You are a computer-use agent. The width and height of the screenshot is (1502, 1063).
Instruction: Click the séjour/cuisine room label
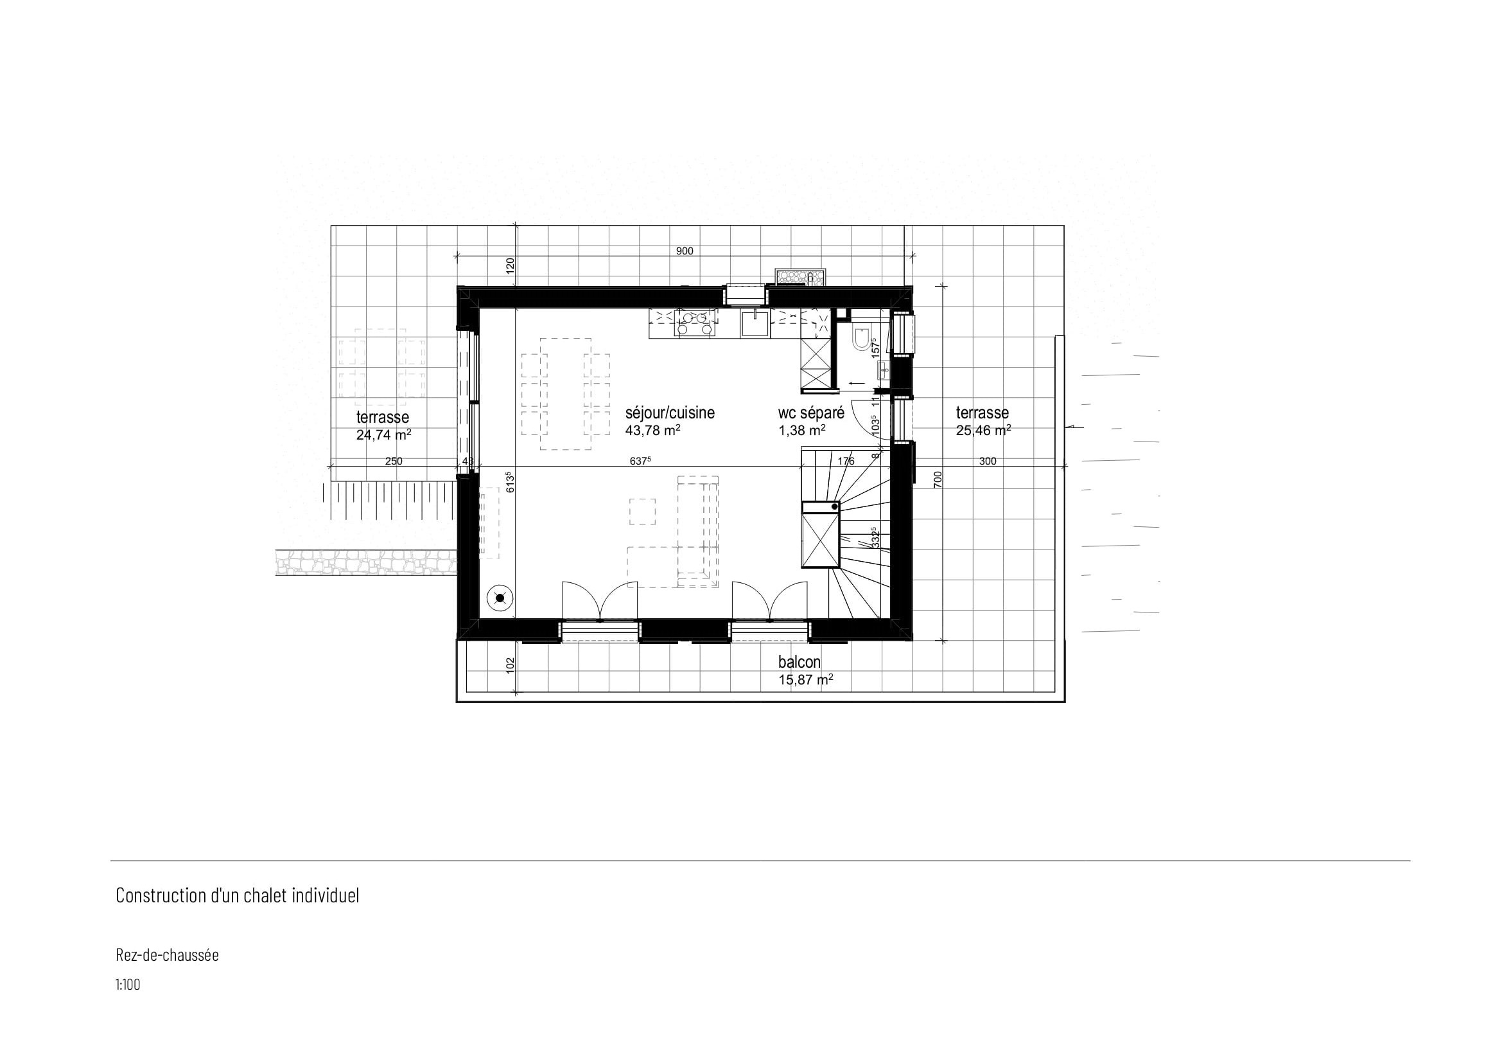click(670, 413)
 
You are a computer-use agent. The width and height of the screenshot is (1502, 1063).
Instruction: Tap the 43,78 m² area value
click(653, 431)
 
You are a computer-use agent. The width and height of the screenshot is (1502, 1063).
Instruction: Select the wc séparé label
click(811, 413)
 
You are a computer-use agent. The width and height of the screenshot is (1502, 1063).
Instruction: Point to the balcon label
click(799, 663)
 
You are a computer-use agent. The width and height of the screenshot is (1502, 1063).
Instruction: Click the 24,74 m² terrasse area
click(384, 434)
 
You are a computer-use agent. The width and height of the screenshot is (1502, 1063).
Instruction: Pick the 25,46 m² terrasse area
click(983, 430)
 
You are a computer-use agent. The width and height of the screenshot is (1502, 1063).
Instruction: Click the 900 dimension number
click(685, 251)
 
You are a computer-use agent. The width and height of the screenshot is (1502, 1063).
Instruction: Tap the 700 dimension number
click(938, 480)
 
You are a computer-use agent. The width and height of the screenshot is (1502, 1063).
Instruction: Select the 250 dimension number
click(394, 461)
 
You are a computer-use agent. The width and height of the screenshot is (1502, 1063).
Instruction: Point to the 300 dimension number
click(988, 461)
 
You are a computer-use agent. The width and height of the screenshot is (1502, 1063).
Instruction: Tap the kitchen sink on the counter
click(756, 324)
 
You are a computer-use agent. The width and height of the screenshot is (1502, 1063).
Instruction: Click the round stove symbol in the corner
click(500, 598)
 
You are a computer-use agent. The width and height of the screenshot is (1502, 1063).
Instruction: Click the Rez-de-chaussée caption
click(168, 955)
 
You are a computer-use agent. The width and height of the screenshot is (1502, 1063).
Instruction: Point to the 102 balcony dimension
click(511, 665)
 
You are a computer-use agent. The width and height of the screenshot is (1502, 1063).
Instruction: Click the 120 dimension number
click(511, 265)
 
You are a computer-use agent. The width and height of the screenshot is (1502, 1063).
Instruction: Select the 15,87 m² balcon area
click(806, 679)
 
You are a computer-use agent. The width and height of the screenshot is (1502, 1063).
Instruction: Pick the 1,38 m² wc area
click(802, 430)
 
